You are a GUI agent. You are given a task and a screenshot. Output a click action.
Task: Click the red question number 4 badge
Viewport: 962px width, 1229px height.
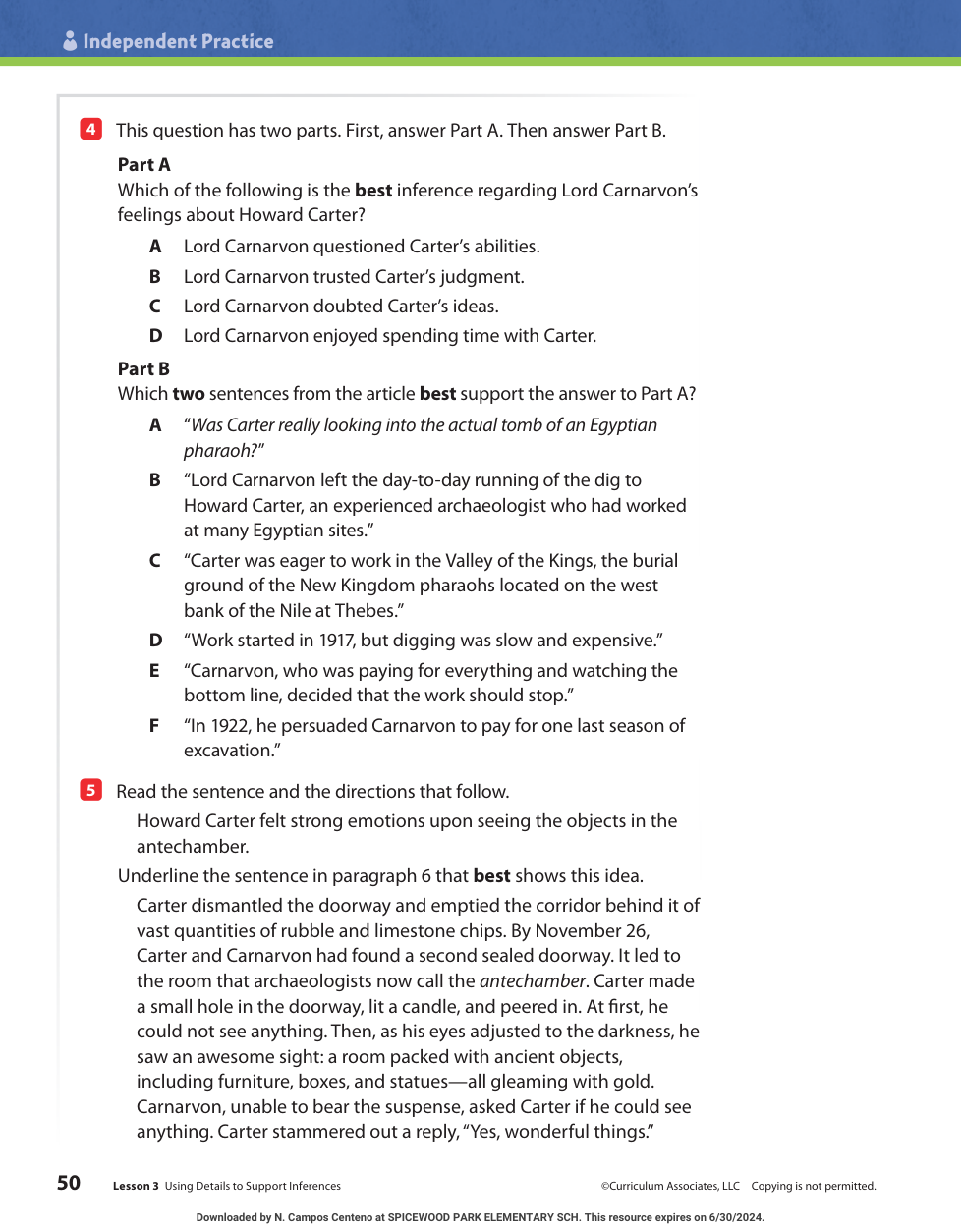coord(90,129)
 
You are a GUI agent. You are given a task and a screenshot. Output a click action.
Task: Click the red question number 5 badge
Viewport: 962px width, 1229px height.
coord(90,790)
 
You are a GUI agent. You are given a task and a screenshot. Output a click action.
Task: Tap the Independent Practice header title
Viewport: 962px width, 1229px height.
coord(178,41)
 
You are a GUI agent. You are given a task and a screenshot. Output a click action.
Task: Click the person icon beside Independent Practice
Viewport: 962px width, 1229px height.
coord(70,40)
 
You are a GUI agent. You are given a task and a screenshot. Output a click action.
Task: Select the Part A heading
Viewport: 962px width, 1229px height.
coord(143,165)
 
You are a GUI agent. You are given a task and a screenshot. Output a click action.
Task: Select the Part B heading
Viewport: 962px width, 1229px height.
coord(143,369)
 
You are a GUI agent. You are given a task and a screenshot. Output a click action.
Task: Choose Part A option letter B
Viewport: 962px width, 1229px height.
coord(155,277)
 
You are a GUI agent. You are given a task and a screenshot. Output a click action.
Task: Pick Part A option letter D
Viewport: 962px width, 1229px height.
coord(155,336)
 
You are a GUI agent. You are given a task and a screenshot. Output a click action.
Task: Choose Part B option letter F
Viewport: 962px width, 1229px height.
coord(154,726)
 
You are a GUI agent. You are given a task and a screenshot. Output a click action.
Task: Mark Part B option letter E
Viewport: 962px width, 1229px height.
coord(154,671)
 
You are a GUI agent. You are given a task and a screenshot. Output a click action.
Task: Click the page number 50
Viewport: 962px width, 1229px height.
coord(69,1183)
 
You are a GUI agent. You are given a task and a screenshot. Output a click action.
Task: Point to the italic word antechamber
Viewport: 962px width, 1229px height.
coord(533,981)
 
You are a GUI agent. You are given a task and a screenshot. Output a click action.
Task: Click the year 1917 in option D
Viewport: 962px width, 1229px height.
coord(337,641)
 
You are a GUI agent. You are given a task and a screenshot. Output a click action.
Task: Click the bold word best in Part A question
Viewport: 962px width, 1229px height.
coord(373,191)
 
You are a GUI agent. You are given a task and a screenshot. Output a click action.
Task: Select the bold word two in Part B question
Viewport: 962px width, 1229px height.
coord(189,394)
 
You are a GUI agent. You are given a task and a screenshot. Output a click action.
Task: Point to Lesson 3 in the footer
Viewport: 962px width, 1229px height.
coord(136,1187)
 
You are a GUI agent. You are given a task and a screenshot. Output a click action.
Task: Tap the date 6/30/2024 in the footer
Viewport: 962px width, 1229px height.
coord(736,1217)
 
